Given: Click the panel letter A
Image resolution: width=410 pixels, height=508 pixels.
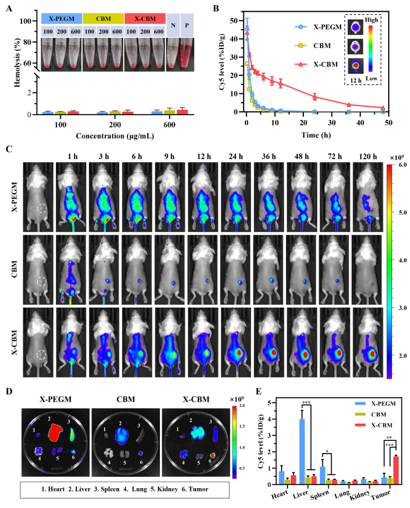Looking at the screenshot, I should (x=9, y=8).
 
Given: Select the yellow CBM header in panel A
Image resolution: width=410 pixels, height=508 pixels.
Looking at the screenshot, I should (x=103, y=18).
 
